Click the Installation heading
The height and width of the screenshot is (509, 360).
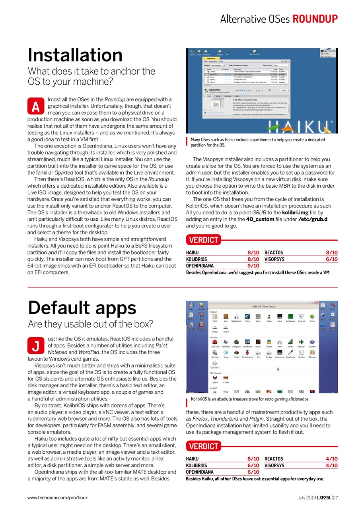(x=75, y=55)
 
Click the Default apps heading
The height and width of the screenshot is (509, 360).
(x=82, y=307)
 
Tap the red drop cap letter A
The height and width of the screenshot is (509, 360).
(x=36, y=107)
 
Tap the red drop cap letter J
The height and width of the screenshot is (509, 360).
(x=36, y=346)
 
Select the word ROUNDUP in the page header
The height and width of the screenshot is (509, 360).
(x=315, y=19)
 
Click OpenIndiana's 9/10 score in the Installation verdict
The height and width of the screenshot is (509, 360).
(x=253, y=266)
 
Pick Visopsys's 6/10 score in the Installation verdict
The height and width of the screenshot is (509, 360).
(x=331, y=259)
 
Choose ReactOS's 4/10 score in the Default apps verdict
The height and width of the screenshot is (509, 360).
(x=331, y=459)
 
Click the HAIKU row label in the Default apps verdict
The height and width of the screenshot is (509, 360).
(x=192, y=459)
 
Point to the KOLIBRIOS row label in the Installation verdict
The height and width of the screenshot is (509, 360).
(x=197, y=259)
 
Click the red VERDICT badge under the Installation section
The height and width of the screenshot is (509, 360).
(x=203, y=240)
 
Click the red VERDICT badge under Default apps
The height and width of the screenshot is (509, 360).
(x=203, y=446)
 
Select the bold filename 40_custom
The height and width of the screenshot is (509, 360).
(x=260, y=219)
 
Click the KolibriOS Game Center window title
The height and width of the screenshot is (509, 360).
(x=263, y=307)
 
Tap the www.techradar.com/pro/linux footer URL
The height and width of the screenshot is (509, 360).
(x=57, y=497)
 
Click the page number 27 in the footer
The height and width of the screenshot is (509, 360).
(x=335, y=497)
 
